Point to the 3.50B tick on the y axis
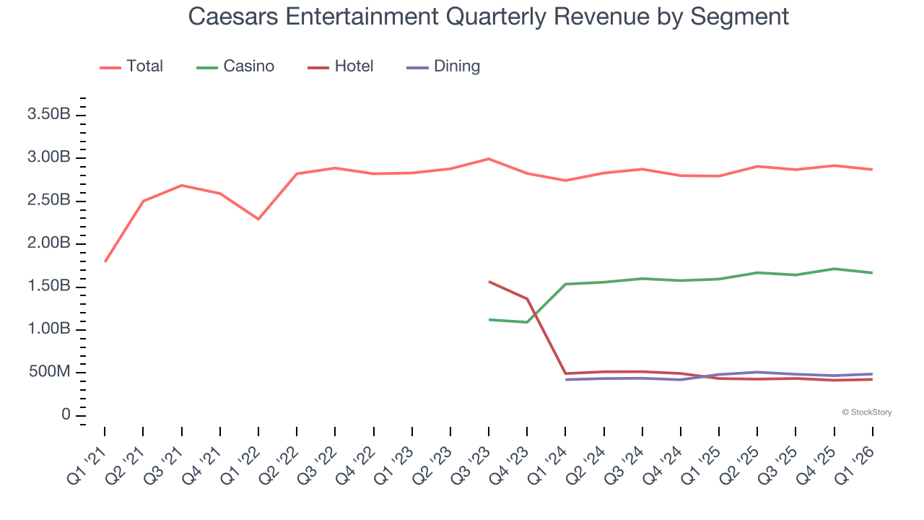(x=49, y=115)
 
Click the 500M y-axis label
(x=49, y=373)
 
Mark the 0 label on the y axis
(x=66, y=415)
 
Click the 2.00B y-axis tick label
(x=49, y=243)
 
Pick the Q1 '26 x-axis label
(x=857, y=466)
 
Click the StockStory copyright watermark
(x=866, y=412)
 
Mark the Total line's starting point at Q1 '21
(x=105, y=261)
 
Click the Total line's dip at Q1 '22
(x=258, y=219)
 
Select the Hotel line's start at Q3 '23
(x=489, y=282)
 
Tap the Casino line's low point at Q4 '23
(x=528, y=322)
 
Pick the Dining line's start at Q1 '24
(x=566, y=380)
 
